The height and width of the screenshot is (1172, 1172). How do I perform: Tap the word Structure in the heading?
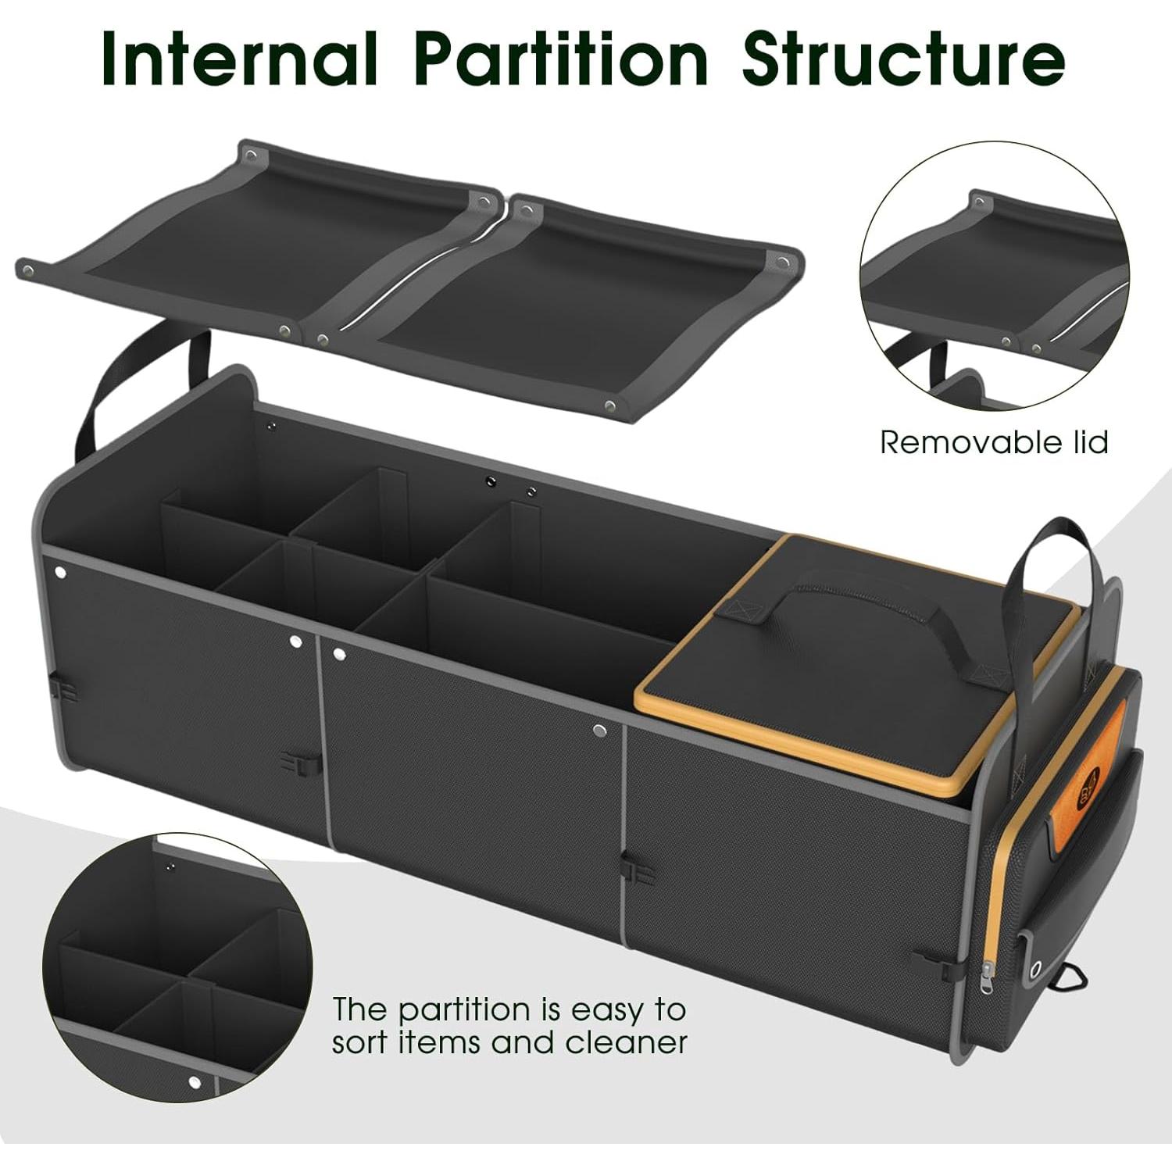pyautogui.click(x=903, y=59)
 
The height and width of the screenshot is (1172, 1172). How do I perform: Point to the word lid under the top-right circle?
pyautogui.click(x=1088, y=442)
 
